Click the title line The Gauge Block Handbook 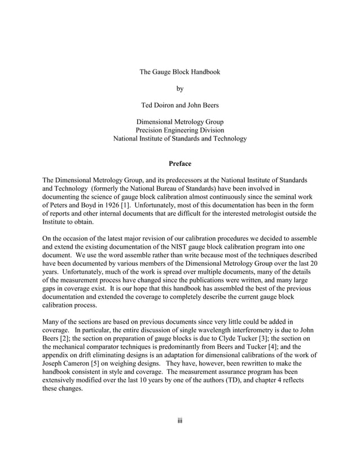pyautogui.click(x=179, y=72)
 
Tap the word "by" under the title pyautogui.click(x=180, y=89)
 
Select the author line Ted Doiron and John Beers pyautogui.click(x=180, y=105)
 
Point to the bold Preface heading pyautogui.click(x=180, y=164)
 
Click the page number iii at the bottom pyautogui.click(x=180, y=421)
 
